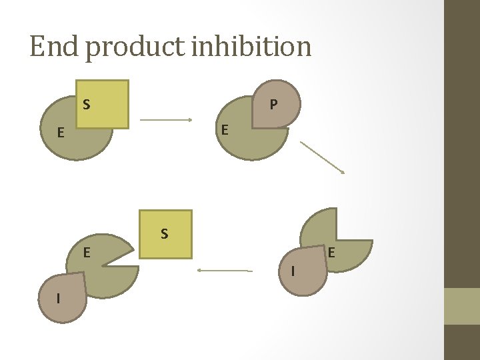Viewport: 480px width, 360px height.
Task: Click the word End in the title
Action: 53,46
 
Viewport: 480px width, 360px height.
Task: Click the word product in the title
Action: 135,49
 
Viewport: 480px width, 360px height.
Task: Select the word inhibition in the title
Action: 251,46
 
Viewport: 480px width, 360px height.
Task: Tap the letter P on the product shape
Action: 274,105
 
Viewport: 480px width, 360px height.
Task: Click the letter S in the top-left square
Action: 87,105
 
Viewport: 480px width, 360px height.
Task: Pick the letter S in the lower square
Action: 165,234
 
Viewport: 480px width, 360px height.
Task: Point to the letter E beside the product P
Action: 225,130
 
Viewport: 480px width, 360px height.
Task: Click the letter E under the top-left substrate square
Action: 61,133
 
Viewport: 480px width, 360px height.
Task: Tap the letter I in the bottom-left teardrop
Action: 58,298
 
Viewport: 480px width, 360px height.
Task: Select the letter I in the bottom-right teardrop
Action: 293,271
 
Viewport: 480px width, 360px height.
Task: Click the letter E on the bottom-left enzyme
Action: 87,253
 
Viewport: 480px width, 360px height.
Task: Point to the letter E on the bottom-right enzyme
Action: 331,253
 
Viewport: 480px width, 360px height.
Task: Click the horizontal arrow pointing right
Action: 166,120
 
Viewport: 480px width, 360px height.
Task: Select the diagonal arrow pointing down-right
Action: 323,157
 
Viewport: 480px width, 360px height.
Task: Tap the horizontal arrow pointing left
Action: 225,270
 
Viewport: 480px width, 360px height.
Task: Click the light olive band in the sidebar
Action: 462,306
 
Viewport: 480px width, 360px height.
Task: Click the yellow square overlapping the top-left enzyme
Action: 102,105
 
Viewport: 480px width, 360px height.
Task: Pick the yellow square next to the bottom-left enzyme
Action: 165,235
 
